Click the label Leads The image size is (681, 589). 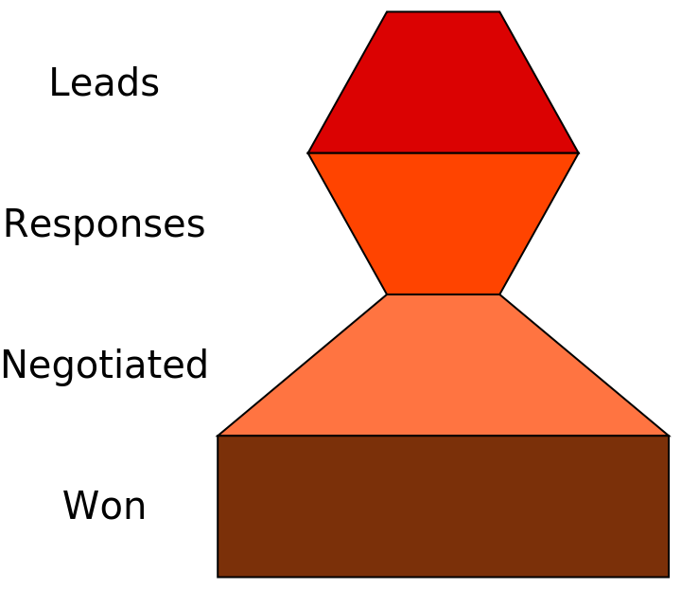coord(103,83)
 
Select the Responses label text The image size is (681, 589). coord(104,225)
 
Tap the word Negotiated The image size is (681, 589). coord(104,366)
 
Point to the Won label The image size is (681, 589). coord(104,507)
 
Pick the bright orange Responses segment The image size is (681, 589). coord(443,223)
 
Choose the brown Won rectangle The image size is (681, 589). coord(443,507)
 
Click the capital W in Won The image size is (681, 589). coord(79,507)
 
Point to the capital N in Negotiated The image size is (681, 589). coord(14,366)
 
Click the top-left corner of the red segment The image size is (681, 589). coord(387,12)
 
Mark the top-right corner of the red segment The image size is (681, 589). coord(498,12)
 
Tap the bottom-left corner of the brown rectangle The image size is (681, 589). coord(218,576)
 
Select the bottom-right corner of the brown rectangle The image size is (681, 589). coord(668,576)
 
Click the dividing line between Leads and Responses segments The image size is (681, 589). coord(443,152)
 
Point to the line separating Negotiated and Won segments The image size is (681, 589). coord(443,436)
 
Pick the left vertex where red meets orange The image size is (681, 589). coord(309,152)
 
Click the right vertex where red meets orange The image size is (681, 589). coord(577,152)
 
